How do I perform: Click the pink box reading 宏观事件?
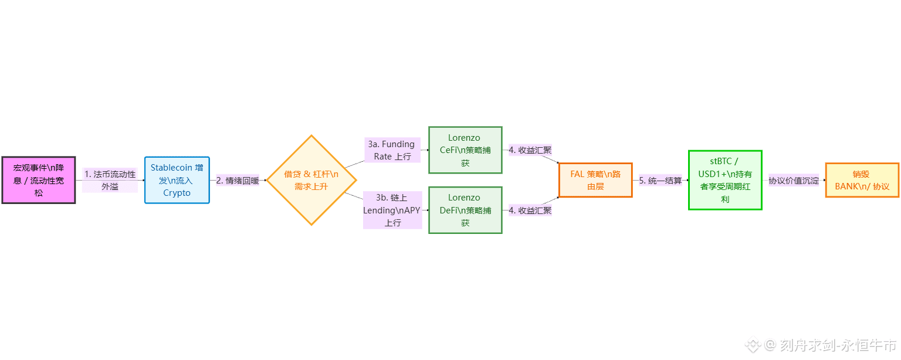39,180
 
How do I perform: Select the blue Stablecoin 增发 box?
177,180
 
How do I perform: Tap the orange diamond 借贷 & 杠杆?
311,180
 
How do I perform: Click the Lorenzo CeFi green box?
465,150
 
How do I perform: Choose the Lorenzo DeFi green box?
465,210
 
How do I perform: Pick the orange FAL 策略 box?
595,180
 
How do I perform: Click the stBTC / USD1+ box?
725,180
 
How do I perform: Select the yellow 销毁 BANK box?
862,180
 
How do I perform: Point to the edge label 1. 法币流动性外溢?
110,180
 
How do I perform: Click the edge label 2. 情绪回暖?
238,181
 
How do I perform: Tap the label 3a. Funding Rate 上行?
392,150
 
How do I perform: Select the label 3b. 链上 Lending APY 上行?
392,210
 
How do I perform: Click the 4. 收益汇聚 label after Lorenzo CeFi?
530,150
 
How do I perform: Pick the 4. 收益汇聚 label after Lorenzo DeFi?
530,210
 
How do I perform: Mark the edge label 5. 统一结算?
660,181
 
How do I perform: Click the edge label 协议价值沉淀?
794,181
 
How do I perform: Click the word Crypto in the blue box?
177,193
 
